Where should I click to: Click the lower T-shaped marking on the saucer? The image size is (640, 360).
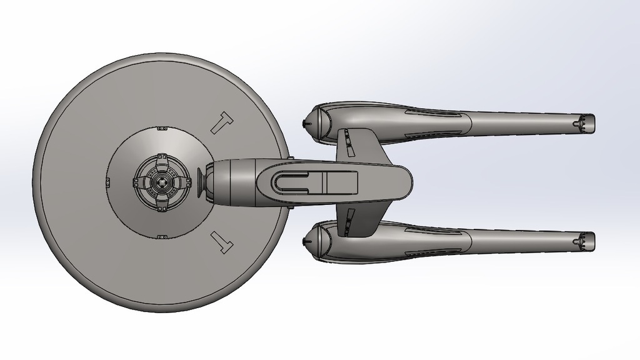pyautogui.click(x=222, y=240)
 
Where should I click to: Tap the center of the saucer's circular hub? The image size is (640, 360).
pyautogui.click(x=161, y=182)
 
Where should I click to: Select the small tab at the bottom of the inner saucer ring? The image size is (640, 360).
pyautogui.click(x=162, y=236)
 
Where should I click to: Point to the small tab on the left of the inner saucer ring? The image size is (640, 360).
pyautogui.click(x=108, y=182)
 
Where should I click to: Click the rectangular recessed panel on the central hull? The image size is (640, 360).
pyautogui.click(x=340, y=182)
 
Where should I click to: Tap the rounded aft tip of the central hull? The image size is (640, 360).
pyautogui.click(x=406, y=182)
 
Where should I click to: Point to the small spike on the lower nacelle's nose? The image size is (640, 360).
pyautogui.click(x=304, y=241)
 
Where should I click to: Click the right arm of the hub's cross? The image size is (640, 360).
pyautogui.click(x=183, y=182)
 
